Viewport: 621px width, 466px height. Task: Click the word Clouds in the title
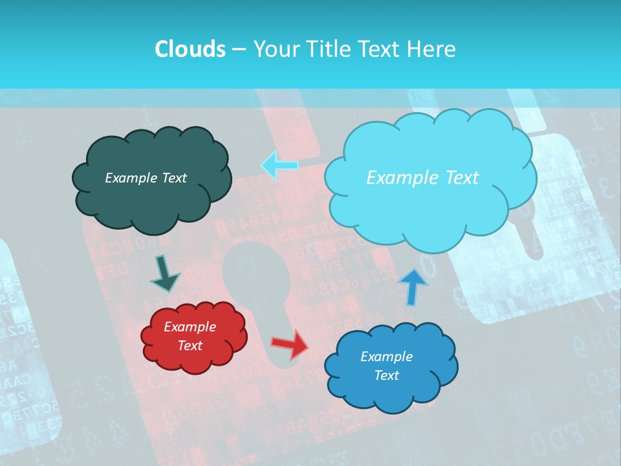(x=190, y=49)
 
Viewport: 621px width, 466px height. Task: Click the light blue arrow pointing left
(x=279, y=165)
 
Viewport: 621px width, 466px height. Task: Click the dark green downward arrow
(x=164, y=274)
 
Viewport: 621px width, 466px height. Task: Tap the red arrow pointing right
(x=290, y=344)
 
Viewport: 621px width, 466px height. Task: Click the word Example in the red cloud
(x=190, y=327)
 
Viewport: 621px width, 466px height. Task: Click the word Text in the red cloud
(x=190, y=346)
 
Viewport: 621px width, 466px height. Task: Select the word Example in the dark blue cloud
(x=386, y=357)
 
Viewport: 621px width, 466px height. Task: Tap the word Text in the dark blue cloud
(x=386, y=375)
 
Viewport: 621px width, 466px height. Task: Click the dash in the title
(x=239, y=49)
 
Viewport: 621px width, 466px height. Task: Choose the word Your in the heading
(x=274, y=49)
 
